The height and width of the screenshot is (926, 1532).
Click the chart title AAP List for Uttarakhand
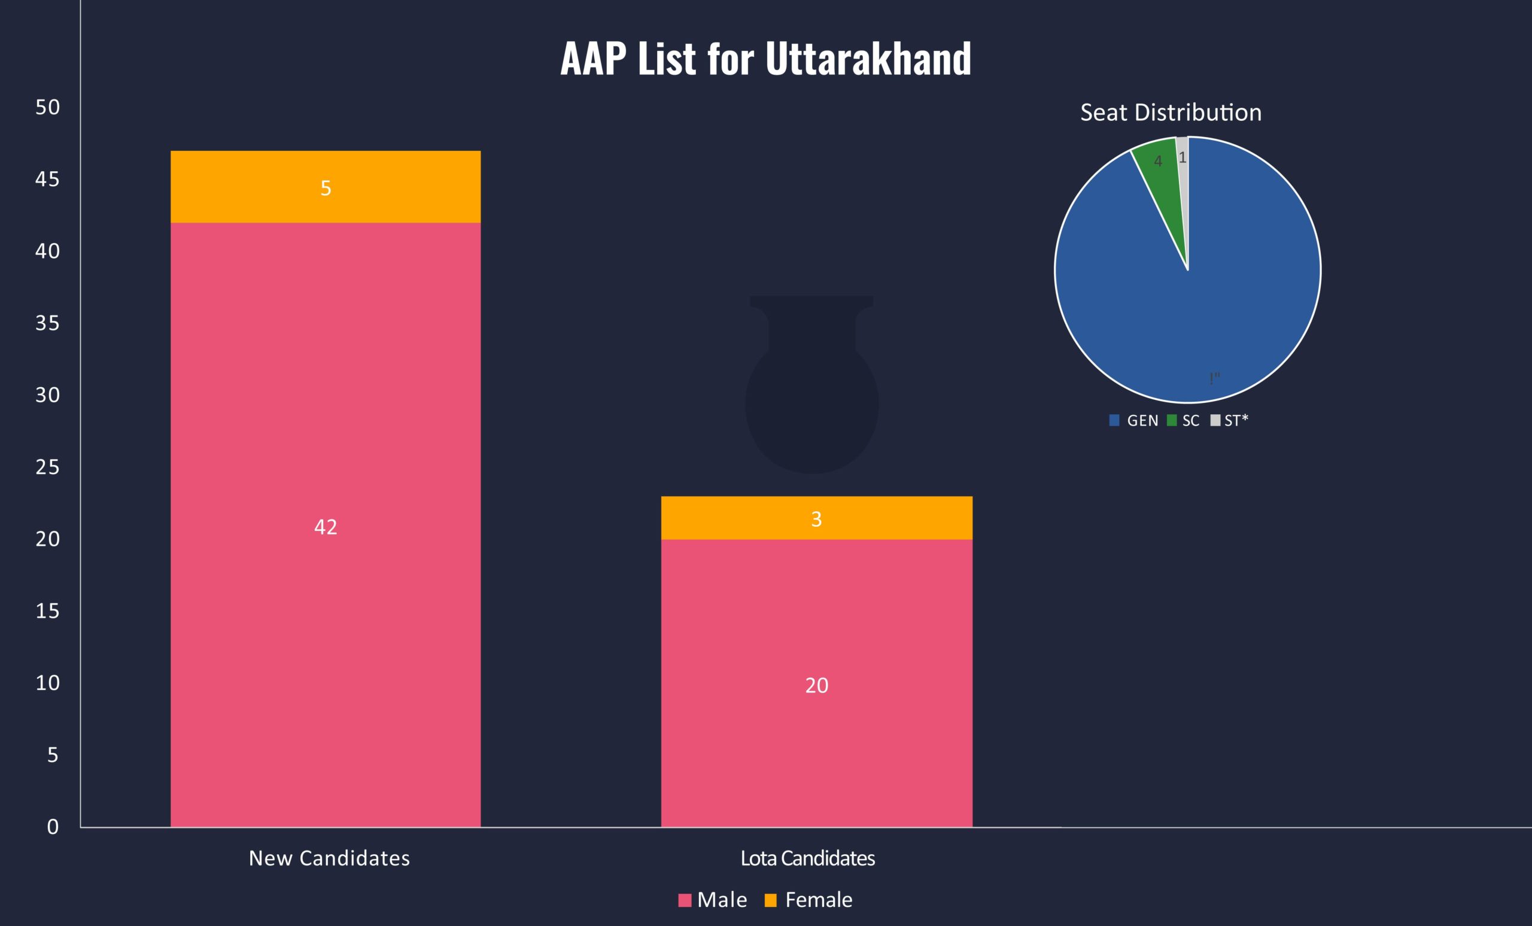(x=765, y=59)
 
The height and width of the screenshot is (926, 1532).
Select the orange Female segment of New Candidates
(x=325, y=187)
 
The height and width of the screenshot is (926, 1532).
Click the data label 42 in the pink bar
(x=325, y=527)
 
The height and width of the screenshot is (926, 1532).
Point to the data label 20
(x=816, y=685)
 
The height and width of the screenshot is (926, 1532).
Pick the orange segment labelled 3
(x=816, y=518)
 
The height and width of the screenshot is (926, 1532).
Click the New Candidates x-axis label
(x=329, y=858)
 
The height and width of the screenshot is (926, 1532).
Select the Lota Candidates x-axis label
(x=807, y=858)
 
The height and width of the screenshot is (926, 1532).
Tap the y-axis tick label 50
(x=47, y=108)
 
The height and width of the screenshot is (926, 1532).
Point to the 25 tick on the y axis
(x=47, y=467)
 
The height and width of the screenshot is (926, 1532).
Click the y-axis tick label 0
(x=53, y=827)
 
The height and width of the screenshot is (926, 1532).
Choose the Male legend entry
(x=713, y=900)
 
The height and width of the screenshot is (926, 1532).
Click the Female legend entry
(x=808, y=900)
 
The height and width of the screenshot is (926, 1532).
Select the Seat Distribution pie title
(x=1170, y=113)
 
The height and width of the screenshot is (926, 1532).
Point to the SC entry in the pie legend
(x=1184, y=420)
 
